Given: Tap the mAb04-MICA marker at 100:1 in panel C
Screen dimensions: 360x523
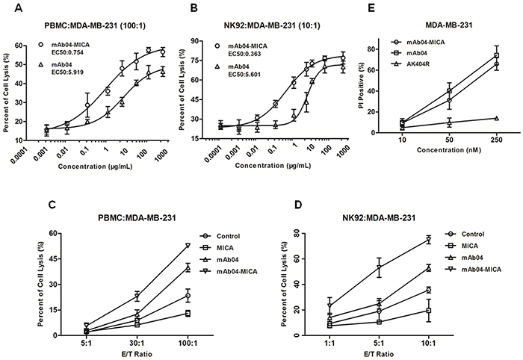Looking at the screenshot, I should click(188, 245).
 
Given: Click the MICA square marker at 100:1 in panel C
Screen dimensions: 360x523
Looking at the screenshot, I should click(188, 314).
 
